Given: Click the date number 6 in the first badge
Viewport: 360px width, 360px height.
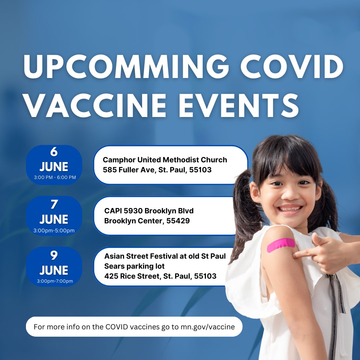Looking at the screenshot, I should click(x=54, y=152).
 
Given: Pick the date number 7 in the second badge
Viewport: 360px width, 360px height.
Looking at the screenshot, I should click(x=54, y=204).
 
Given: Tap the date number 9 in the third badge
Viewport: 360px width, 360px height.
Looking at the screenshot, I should click(x=54, y=255).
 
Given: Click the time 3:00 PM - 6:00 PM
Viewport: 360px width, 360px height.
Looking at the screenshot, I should click(x=55, y=177).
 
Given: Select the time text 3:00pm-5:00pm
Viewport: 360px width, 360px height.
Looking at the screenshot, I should click(x=54, y=230).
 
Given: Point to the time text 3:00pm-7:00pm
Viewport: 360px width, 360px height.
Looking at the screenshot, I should click(x=55, y=281).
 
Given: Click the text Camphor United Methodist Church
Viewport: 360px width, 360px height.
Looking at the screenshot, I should click(x=165, y=160).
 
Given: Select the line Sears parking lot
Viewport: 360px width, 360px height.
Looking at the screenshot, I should click(x=134, y=266).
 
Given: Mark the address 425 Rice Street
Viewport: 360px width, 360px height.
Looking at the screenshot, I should click(x=132, y=276).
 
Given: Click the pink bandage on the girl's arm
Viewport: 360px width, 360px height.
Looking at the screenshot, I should click(x=281, y=245).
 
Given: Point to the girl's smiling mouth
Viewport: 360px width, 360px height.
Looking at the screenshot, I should click(x=290, y=209).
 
